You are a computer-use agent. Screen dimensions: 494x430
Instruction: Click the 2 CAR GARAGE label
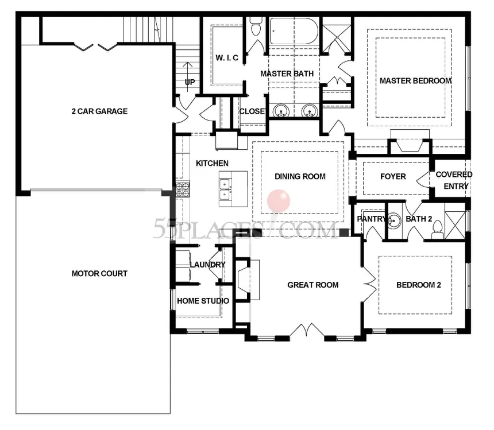click(x=99, y=111)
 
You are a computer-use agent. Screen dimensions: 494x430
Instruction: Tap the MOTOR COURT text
click(x=99, y=273)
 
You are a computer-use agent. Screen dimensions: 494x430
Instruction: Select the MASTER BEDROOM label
click(x=415, y=81)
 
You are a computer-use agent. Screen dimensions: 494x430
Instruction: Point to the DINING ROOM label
click(x=300, y=176)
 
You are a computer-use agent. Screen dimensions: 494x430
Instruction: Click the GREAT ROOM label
click(x=313, y=285)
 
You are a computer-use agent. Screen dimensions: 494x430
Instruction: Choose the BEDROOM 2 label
click(x=419, y=285)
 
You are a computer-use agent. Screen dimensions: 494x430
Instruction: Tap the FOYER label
click(x=393, y=176)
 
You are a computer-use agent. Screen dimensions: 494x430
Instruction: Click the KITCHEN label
click(x=212, y=163)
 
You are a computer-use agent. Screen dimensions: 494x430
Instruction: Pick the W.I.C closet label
click(x=227, y=58)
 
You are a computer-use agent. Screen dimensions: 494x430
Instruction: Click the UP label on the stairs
click(x=190, y=82)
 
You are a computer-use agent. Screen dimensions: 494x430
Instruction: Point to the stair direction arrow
click(x=188, y=77)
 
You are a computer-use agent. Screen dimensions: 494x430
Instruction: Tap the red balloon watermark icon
click(x=278, y=201)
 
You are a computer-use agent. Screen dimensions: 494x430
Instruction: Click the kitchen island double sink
click(x=225, y=189)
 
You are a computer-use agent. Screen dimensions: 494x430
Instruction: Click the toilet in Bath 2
click(x=438, y=230)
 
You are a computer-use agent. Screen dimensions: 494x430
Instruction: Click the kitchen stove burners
click(x=183, y=189)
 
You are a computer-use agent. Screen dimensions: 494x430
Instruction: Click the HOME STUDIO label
click(x=203, y=301)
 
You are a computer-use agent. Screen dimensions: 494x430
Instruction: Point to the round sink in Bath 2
click(x=394, y=220)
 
